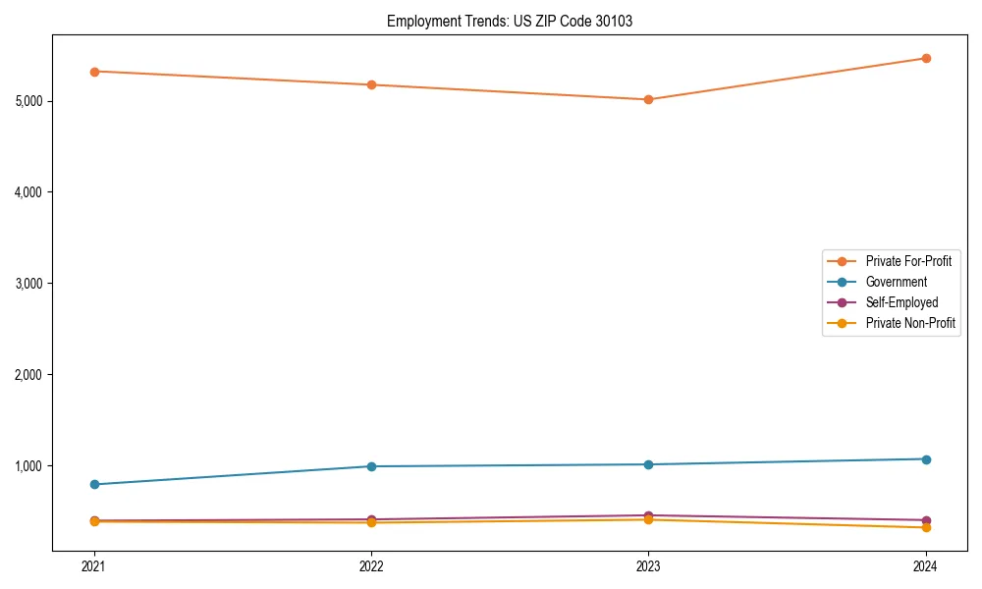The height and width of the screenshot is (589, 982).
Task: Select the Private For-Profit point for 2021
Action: (94, 72)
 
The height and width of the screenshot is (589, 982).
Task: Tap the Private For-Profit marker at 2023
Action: (648, 99)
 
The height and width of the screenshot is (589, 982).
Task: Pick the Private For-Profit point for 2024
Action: (926, 58)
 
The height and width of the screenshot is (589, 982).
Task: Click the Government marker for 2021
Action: (94, 484)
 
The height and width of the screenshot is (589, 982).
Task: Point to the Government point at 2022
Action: (371, 466)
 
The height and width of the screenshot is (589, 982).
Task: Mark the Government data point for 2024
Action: (926, 459)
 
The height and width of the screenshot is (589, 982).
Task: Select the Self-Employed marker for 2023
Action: (648, 515)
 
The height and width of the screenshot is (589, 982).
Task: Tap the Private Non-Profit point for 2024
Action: (926, 527)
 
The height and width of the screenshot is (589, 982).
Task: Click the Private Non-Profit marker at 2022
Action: (371, 522)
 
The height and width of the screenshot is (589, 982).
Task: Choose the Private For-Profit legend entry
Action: (907, 261)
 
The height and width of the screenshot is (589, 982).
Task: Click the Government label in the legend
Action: (896, 282)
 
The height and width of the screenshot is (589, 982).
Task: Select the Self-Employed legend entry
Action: (901, 302)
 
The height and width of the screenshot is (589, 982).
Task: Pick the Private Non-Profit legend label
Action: (910, 323)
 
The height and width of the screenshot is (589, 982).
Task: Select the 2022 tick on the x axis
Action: (371, 565)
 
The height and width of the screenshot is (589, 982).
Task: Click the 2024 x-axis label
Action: (926, 565)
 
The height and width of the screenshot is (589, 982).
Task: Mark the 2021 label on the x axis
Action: (94, 565)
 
